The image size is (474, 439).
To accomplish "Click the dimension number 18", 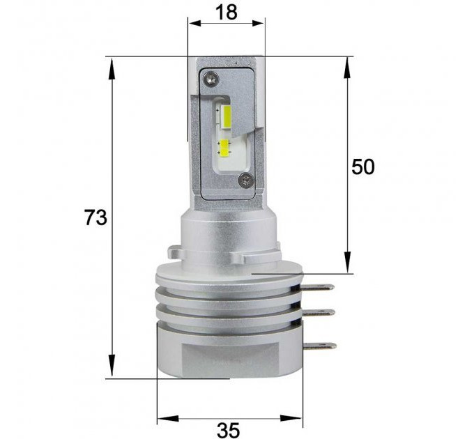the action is (x=227, y=13).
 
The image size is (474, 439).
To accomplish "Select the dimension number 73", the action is (x=95, y=217).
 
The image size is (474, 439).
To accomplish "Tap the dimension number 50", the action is (x=363, y=167).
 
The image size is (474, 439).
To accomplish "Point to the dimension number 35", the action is (x=228, y=430).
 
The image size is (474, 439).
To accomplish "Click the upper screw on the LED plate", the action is (x=211, y=79).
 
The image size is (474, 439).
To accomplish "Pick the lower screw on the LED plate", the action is (x=245, y=180).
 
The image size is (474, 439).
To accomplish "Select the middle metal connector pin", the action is (x=319, y=313).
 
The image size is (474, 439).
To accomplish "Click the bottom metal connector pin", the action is (x=320, y=346).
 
